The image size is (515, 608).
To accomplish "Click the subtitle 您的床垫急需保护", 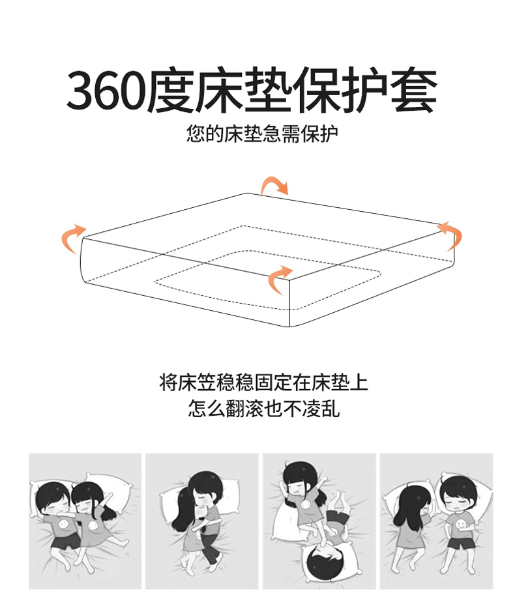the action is point(262,134).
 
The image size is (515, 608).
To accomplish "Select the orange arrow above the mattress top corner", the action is point(274,185).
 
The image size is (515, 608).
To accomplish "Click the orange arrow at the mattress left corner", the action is point(72,238).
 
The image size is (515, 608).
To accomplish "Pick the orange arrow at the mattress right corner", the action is point(451,235).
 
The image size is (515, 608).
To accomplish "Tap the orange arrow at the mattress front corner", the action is point(279,279).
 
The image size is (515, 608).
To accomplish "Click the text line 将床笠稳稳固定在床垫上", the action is point(263,383).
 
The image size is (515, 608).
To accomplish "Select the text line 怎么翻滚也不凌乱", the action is point(264,409).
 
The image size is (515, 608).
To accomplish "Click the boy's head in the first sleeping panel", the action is point(53,499).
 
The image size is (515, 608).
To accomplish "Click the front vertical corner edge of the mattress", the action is point(290,303).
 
